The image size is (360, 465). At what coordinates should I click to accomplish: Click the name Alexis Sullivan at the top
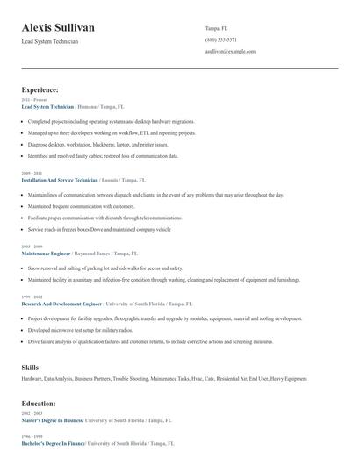click(58, 28)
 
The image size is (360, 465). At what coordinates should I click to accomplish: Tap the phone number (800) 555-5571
click(220, 39)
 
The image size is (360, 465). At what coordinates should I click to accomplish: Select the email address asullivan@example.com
click(230, 52)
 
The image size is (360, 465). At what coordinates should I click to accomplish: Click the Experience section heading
click(40, 89)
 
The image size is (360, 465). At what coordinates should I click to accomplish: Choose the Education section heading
click(39, 404)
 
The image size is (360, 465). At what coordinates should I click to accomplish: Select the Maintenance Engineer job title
click(48, 253)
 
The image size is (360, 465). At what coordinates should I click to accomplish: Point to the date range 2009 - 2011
click(31, 173)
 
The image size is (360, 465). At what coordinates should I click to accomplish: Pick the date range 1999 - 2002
click(31, 297)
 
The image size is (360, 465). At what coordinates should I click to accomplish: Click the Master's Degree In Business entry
click(51, 420)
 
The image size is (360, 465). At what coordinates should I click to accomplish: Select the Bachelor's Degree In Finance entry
click(53, 444)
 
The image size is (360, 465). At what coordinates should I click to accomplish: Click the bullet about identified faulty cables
click(103, 155)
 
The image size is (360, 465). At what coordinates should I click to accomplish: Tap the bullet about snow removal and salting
click(105, 268)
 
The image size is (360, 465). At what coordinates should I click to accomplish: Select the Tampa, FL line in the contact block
click(218, 28)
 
